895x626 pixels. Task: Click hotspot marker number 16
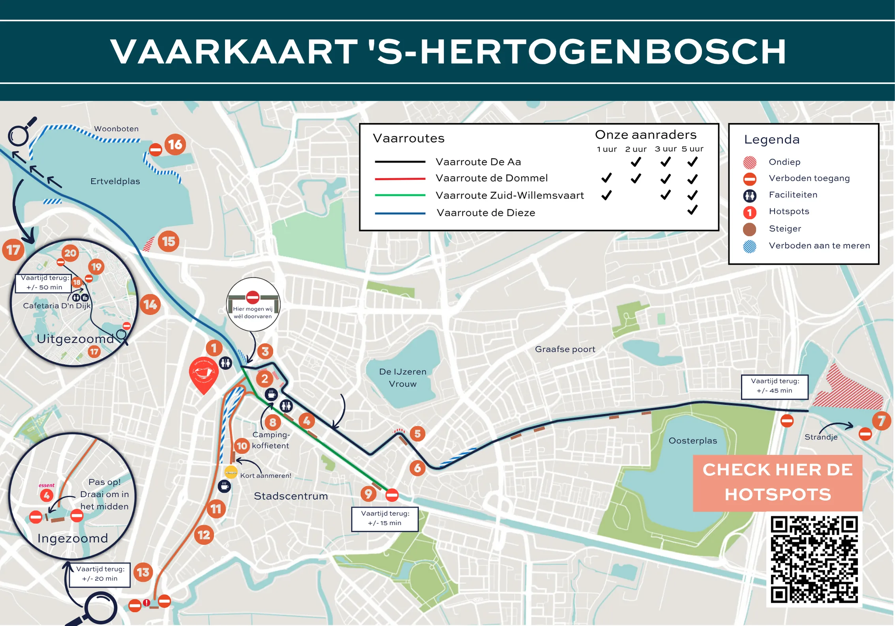click(175, 145)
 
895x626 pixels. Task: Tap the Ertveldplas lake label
click(115, 181)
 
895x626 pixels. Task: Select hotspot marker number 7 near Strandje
click(881, 421)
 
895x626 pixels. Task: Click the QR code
click(814, 559)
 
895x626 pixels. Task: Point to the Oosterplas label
click(692, 441)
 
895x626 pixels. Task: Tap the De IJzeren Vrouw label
click(402, 377)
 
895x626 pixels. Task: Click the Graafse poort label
click(565, 349)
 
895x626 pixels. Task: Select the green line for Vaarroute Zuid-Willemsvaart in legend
click(400, 195)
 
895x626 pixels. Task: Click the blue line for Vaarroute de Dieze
click(400, 213)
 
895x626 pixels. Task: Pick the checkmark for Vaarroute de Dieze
click(692, 210)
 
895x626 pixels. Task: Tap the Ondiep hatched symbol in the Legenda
click(749, 162)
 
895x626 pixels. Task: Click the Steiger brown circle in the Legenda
click(749, 229)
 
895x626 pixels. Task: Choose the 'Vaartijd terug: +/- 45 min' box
click(774, 386)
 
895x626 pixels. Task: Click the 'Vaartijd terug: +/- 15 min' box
click(385, 518)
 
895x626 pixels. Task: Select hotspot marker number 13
click(143, 572)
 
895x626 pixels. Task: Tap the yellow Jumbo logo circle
click(231, 472)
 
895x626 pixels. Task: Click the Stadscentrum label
click(291, 496)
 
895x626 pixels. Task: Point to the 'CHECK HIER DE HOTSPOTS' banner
click(777, 482)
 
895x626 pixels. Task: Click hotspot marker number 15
click(169, 241)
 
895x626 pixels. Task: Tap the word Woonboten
click(116, 129)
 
